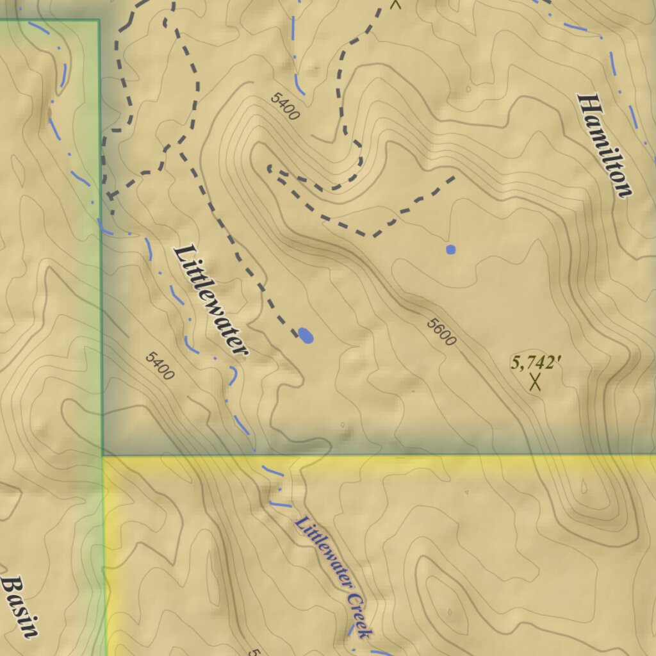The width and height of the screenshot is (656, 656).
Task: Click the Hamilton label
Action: coord(605,146)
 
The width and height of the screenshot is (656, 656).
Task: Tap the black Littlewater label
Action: coord(211,300)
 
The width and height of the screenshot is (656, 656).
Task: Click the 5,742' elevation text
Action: coord(536,363)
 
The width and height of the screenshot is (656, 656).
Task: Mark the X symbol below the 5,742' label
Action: coord(535,382)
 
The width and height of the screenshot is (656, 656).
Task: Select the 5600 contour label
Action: coord(441,332)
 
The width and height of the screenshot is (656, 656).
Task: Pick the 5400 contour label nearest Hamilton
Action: coord(285,106)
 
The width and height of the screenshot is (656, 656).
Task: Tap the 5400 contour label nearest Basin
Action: coord(160,366)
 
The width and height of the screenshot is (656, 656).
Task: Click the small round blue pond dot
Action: coord(451,249)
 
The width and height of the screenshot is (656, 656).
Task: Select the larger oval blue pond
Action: coord(306,335)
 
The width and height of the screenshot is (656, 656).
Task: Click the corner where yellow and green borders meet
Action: coord(103,456)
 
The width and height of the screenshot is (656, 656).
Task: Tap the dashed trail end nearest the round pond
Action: coord(454,177)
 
